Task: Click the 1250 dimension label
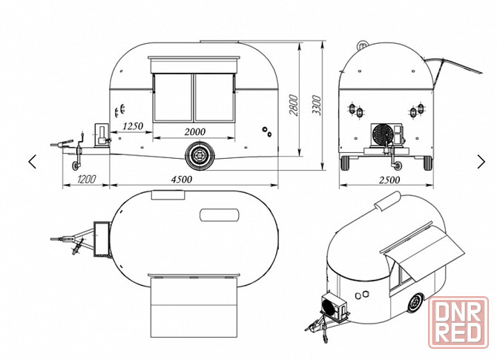point(133,126)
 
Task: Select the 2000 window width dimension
point(194,131)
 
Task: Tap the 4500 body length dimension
point(181,180)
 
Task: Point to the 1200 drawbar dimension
point(87,180)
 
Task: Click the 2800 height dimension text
point(294,105)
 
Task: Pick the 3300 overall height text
point(316,105)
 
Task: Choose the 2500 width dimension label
point(389,180)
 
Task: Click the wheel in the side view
point(200,156)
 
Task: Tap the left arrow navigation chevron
point(33,162)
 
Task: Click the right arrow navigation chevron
point(481,162)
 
